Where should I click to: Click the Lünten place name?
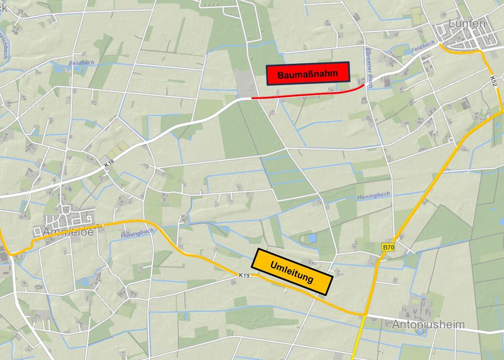467,24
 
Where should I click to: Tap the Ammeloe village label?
68,232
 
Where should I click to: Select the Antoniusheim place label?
428,324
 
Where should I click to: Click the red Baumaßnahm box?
308,74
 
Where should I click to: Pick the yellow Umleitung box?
292,271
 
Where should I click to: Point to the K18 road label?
109,163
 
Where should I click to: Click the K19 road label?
244,275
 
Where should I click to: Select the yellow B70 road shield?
388,247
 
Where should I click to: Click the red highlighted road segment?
306,95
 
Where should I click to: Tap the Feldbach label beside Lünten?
423,47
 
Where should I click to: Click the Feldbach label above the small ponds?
82,63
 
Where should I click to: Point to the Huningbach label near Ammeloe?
137,234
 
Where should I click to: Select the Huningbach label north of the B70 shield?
373,196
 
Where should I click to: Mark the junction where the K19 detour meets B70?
365,315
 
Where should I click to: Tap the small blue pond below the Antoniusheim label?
420,331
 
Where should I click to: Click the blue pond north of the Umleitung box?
312,238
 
